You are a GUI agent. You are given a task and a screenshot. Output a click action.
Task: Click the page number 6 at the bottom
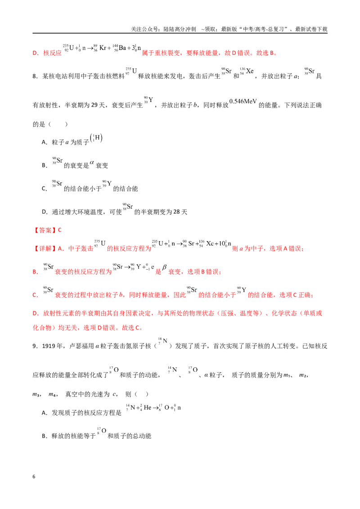34,477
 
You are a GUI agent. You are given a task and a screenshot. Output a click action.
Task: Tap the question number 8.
35,76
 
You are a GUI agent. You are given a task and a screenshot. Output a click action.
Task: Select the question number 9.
35,346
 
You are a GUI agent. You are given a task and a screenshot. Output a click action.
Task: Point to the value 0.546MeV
243,101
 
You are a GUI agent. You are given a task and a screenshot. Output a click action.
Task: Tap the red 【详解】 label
45,249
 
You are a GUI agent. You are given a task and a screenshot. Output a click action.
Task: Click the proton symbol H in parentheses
96,138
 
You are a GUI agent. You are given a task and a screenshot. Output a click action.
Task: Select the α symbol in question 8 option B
92,163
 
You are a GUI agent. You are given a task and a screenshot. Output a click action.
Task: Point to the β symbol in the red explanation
164,268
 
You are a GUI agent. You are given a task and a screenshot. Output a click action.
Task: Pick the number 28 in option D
176,212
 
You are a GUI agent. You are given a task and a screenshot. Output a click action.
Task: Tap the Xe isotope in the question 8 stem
247,71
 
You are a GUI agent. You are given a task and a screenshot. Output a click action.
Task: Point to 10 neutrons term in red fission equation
225,243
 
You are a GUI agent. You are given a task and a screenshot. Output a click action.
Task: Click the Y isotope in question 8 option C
107,184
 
